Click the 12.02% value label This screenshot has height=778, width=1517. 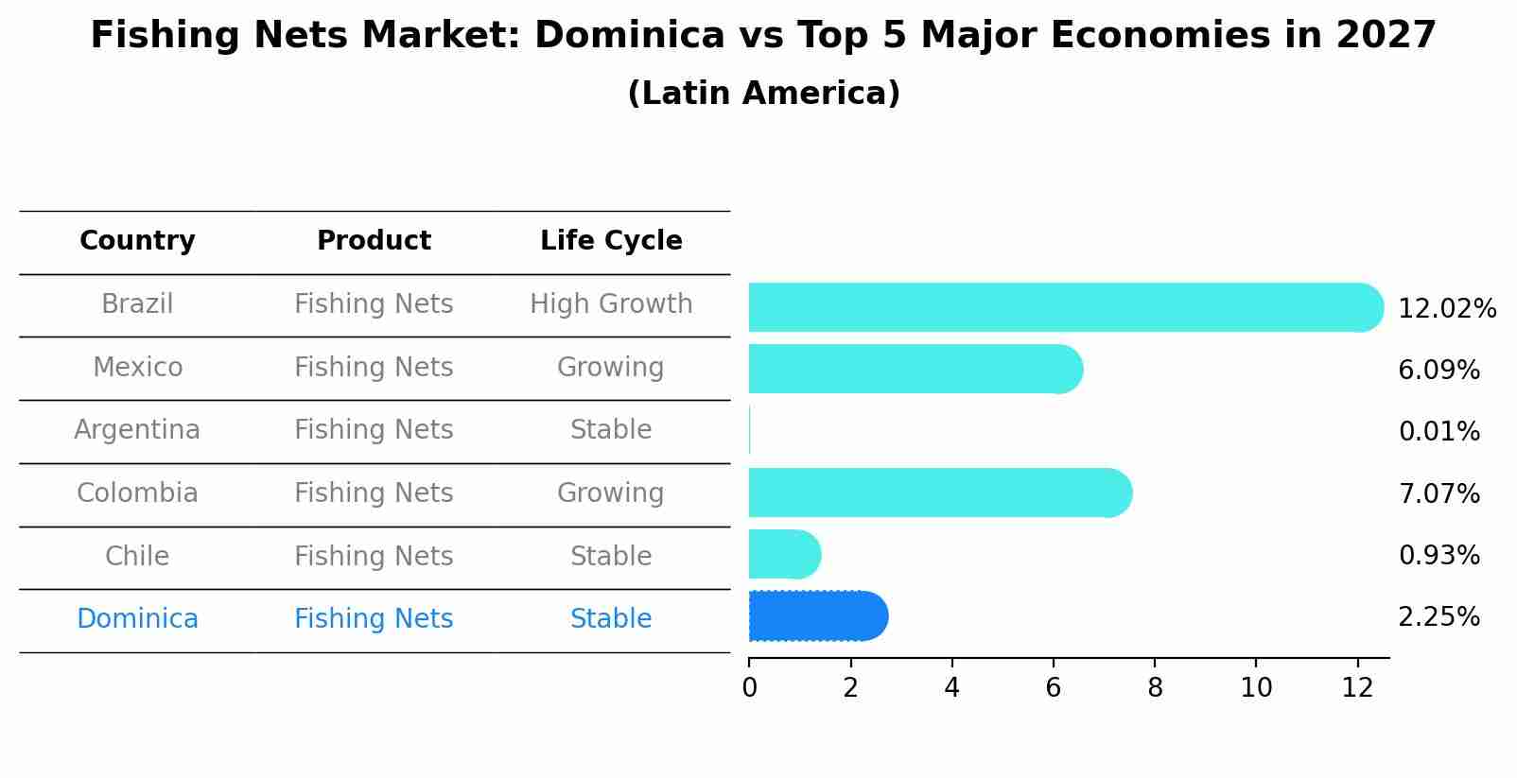point(1446,309)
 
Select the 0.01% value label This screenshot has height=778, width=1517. point(1439,432)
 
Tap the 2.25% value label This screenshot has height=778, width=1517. point(1439,617)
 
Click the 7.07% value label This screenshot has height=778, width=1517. point(1439,493)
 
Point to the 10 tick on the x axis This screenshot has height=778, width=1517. point(1256,688)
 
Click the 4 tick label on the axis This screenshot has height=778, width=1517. point(951,688)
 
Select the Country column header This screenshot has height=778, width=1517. point(137,241)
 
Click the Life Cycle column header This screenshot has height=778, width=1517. point(611,241)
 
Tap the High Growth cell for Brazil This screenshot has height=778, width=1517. point(611,304)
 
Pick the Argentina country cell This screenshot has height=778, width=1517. point(137,430)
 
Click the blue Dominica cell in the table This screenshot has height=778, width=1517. point(137,619)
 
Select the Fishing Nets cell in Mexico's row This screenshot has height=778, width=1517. point(374,368)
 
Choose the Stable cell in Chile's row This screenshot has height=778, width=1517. point(611,557)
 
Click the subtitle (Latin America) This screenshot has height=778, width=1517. point(763,94)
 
